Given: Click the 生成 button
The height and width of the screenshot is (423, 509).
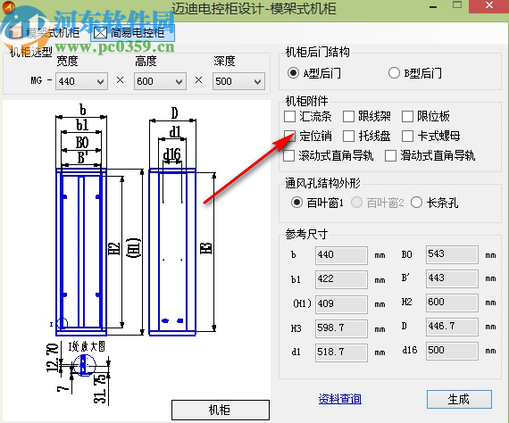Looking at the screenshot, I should point(457,399).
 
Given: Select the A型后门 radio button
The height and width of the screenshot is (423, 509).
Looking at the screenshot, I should point(293,72).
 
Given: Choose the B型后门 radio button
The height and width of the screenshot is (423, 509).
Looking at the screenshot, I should point(394,72).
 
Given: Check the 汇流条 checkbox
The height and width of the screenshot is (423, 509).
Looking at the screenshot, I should point(289,117).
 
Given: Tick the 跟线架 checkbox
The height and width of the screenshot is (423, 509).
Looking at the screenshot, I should point(349,117).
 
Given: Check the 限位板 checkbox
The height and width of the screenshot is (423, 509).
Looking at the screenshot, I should point(407,117).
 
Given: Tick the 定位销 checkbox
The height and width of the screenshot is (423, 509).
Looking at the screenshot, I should point(289,137).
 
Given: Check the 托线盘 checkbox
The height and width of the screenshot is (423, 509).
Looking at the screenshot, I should point(349,137).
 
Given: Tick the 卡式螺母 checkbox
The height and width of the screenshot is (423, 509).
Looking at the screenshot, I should point(407,137).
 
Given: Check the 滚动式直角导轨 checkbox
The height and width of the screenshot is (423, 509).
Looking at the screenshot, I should point(289,155).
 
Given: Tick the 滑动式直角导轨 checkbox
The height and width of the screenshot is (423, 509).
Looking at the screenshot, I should point(390,155).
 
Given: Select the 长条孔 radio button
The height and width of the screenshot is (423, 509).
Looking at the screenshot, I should point(416,203).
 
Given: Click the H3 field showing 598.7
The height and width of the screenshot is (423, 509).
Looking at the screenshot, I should point(341,328).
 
